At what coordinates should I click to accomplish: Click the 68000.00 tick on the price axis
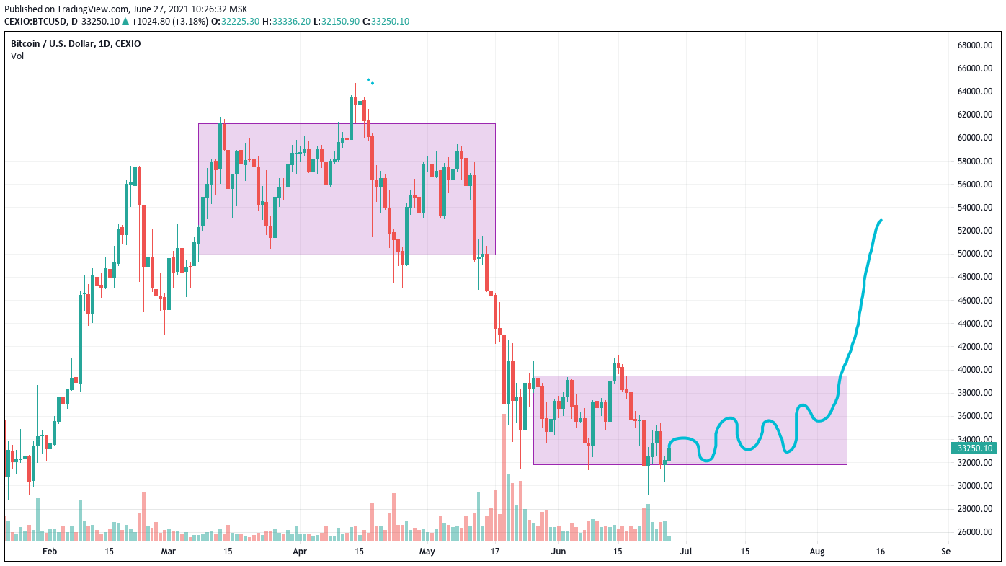tap(975, 45)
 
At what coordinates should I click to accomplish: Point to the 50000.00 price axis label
tap(975, 254)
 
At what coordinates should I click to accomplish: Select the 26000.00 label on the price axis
tap(975, 532)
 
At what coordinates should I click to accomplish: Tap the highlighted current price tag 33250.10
tap(975, 448)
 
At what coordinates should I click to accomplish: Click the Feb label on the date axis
tap(49, 552)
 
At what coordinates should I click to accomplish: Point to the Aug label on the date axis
tap(817, 552)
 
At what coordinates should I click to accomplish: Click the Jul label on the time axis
tap(685, 552)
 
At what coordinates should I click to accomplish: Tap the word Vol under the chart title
tap(17, 56)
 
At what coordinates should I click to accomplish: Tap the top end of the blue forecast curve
tap(881, 220)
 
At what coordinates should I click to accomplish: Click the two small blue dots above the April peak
tap(370, 81)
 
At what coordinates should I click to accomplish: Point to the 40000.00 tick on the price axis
tap(975, 370)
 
